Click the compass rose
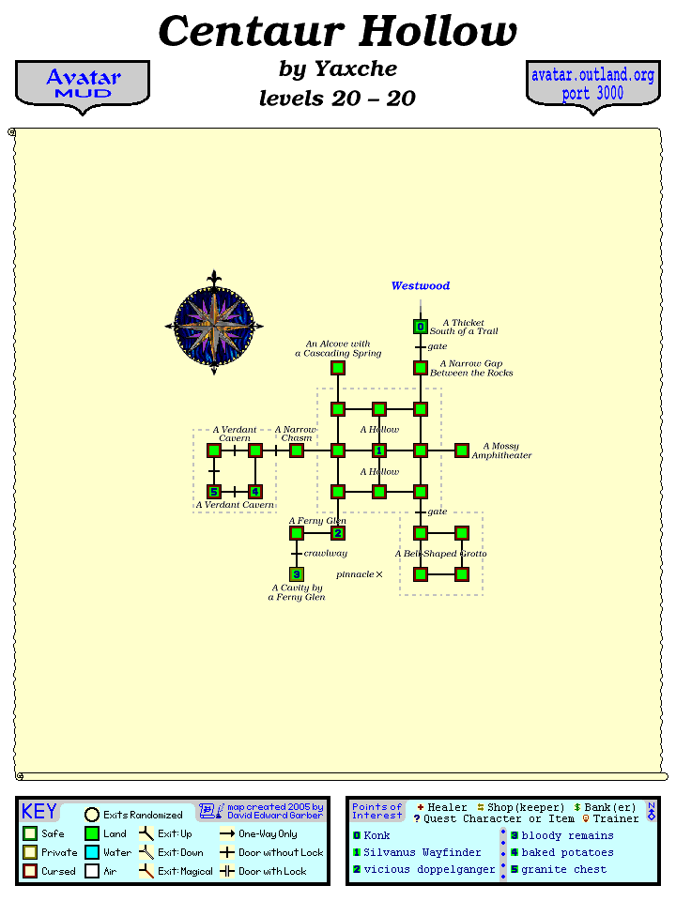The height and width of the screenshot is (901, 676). click(214, 324)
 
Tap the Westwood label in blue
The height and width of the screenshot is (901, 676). click(421, 286)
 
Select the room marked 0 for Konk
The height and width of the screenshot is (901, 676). click(421, 327)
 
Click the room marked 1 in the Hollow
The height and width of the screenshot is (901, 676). click(379, 450)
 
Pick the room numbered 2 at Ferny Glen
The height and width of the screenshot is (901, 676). click(338, 533)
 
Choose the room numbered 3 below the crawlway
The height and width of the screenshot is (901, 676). click(297, 574)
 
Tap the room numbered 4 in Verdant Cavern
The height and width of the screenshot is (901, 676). click(255, 492)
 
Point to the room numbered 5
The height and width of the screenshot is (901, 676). click(214, 492)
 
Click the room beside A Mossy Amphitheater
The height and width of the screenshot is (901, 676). click(462, 450)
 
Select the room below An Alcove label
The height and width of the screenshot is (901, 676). click(338, 368)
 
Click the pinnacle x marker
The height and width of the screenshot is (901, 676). click(379, 573)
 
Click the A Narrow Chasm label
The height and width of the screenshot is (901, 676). click(296, 434)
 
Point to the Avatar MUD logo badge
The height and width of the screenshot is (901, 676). click(83, 84)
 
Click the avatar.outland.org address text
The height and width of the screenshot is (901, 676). click(592, 75)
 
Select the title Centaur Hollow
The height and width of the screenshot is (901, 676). click(338, 31)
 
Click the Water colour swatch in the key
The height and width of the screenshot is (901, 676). click(92, 852)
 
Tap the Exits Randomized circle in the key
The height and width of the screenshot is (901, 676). click(92, 815)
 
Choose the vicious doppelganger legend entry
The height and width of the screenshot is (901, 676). click(429, 869)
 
